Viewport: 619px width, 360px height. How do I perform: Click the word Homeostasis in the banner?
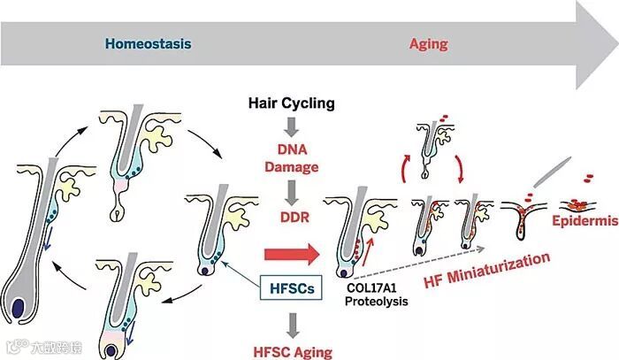[x=148, y=42]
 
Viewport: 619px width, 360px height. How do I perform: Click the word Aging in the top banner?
[x=428, y=42]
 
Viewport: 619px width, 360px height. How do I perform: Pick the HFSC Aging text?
[x=291, y=351]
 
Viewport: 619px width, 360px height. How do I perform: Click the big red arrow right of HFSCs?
[x=292, y=257]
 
